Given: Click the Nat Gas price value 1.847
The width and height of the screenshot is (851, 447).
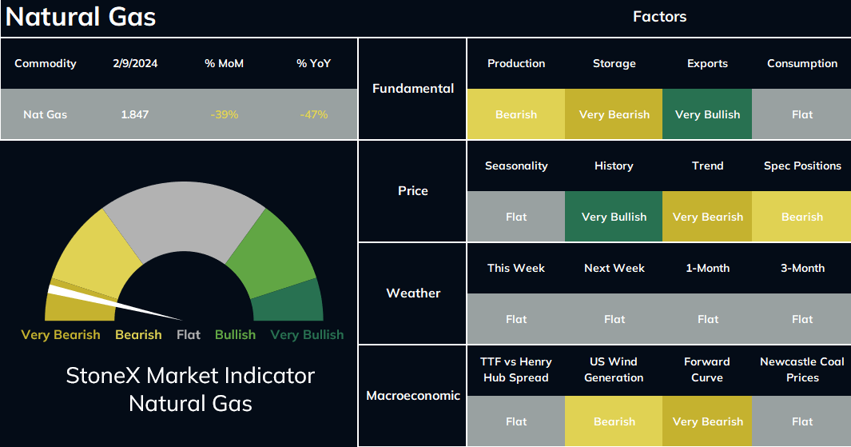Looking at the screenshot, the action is [134, 114].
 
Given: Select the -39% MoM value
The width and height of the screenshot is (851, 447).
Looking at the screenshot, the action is [225, 114].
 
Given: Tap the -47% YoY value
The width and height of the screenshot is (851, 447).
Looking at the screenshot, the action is [314, 114].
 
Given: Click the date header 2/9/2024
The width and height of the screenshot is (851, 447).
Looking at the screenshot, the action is [135, 63].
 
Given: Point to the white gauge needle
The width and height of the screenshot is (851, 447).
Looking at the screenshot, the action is [114, 302].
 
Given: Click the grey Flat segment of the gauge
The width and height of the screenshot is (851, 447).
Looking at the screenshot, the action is [184, 218].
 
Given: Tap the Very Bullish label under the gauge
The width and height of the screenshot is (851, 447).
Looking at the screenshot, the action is [307, 334].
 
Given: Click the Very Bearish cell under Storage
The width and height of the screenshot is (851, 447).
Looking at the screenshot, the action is [614, 114].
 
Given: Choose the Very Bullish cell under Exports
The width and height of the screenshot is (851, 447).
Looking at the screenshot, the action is [707, 114].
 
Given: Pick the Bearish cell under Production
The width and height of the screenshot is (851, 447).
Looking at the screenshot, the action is [516, 114].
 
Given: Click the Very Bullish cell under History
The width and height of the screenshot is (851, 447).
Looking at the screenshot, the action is [614, 216].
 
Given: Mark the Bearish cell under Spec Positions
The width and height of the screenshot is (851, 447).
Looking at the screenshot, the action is [801, 216].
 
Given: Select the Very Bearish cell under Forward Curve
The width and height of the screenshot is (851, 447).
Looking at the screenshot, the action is [707, 421].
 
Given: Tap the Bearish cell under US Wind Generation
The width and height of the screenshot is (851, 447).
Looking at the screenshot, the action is [614, 421].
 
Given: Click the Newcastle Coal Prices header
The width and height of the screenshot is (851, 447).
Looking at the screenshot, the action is [802, 369].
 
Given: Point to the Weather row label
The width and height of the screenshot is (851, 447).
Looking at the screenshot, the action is [413, 293].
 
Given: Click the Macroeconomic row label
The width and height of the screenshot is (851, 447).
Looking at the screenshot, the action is [413, 395].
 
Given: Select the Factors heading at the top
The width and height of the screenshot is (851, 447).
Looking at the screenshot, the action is [659, 17].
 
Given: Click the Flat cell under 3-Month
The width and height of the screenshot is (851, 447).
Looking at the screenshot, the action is [801, 319].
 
